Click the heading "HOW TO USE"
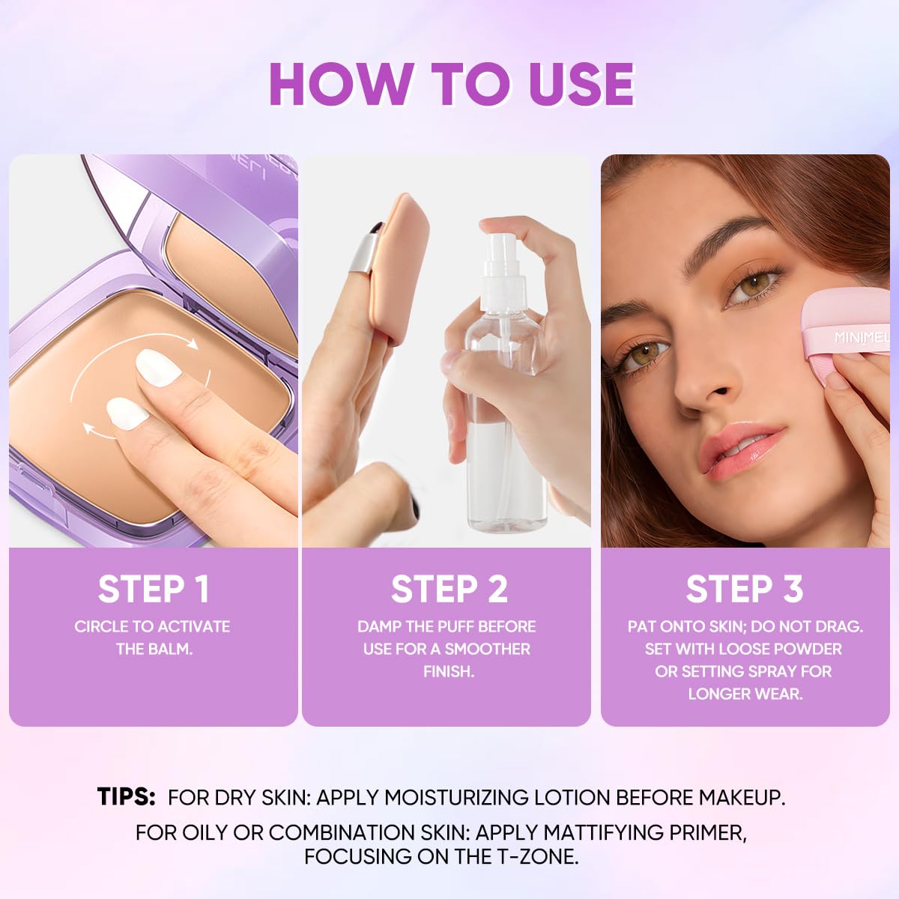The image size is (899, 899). (x=452, y=85)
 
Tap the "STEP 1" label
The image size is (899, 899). (x=154, y=589)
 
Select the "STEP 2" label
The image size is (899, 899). (x=449, y=589)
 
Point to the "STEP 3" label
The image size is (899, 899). (x=745, y=589)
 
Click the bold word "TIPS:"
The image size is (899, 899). (x=126, y=796)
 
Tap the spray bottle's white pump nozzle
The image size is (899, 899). (x=503, y=261)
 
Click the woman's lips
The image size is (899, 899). (x=742, y=450)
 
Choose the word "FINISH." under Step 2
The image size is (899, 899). (x=448, y=671)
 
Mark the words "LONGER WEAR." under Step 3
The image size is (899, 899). (x=745, y=694)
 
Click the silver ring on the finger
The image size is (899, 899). (x=363, y=253)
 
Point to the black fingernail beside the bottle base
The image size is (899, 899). (x=414, y=508)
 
